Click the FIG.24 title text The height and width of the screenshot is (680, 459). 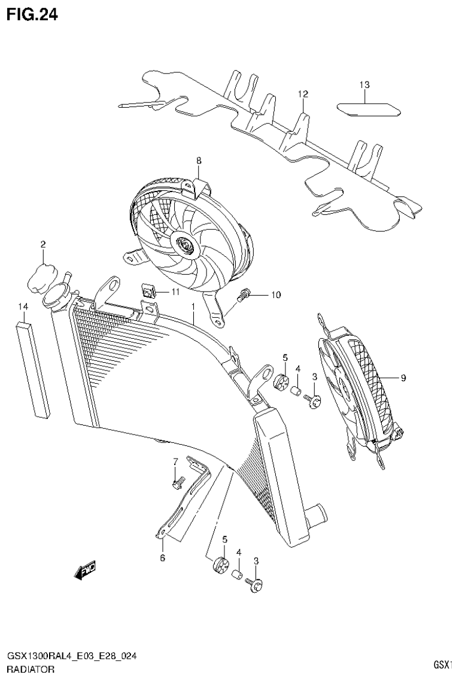32,15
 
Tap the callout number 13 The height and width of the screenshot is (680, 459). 364,85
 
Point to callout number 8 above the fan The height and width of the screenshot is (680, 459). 199,160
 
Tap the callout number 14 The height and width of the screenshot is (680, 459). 23,306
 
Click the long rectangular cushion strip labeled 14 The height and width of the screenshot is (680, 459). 32,369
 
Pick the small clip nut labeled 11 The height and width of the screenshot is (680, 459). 149,292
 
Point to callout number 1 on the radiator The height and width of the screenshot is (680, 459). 193,306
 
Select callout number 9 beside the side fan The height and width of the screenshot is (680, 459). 403,378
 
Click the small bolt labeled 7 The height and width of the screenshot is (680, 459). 178,481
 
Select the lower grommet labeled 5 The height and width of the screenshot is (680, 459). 220,564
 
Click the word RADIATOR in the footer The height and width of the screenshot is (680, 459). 31,669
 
